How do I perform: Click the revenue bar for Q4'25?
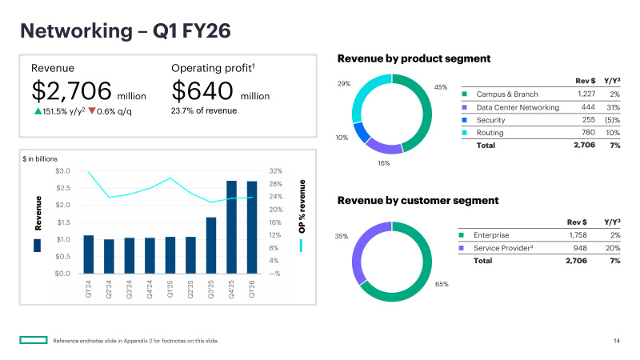pos(231,227)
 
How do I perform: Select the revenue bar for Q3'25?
pos(211,246)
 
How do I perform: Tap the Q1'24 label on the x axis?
pos(89,289)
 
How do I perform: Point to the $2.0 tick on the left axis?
pos(62,206)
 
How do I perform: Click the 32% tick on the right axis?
pos(276,171)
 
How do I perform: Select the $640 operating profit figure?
pos(203,90)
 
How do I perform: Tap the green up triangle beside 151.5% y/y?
pos(37,110)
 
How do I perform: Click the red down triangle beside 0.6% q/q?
pos(92,110)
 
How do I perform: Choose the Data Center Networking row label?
pos(518,107)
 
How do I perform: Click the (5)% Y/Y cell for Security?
pos(612,120)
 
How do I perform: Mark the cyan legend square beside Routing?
pos(465,133)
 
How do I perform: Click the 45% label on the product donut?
pos(441,86)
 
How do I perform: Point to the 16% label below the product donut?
pos(384,163)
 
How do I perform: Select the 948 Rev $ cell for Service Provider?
pos(588,248)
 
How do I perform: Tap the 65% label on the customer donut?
pos(442,284)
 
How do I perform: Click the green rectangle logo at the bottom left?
pos(33,341)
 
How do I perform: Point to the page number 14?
pos(617,342)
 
